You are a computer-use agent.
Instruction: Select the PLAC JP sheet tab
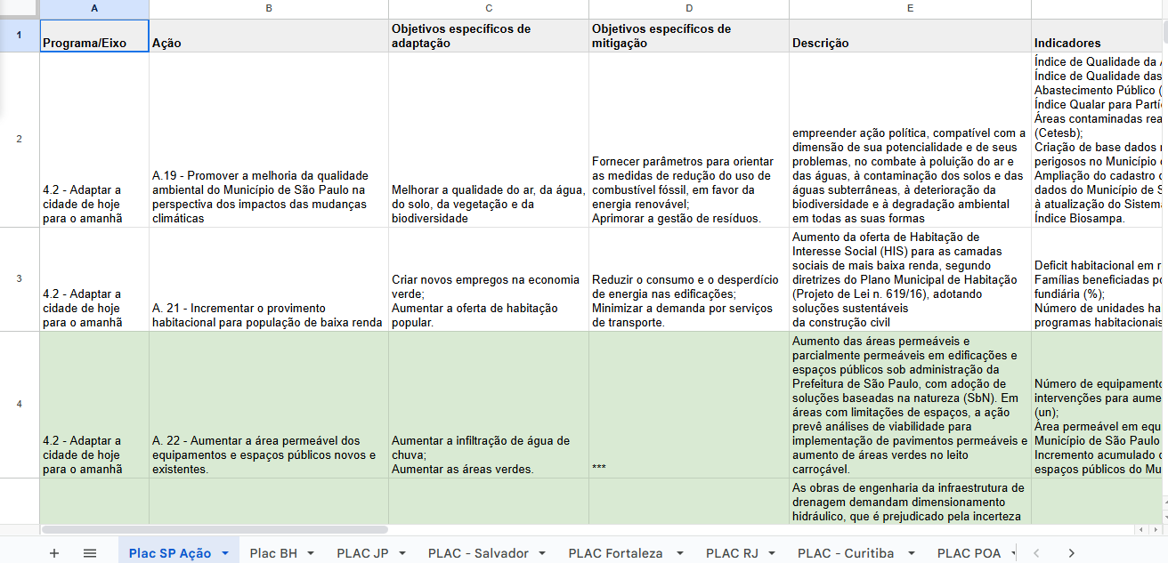point(362,553)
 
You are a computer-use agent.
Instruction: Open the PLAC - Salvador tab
point(478,553)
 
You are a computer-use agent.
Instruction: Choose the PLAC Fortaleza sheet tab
point(615,553)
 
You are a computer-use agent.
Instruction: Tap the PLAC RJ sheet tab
point(731,553)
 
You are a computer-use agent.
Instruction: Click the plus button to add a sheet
point(54,553)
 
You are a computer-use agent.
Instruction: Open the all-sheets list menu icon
point(90,553)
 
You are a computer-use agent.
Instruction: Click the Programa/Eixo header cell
point(94,36)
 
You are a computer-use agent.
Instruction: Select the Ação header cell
point(268,36)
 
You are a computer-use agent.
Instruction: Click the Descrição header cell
point(909,36)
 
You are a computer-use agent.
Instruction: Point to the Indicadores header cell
point(1099,36)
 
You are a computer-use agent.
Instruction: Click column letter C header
point(488,8)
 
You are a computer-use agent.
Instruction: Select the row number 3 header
point(19,278)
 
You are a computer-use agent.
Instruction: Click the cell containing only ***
point(688,405)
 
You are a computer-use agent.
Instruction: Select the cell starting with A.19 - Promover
point(268,140)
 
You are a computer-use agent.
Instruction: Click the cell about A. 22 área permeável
point(268,405)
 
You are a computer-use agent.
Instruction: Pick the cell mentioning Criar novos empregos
point(488,278)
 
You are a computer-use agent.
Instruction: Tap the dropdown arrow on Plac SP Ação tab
point(225,553)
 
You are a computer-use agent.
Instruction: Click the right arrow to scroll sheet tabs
point(1071,553)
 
